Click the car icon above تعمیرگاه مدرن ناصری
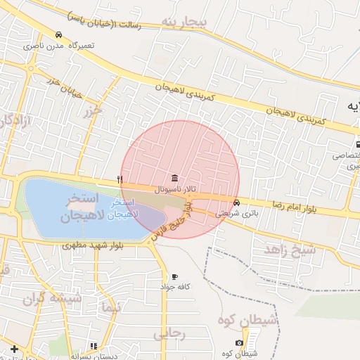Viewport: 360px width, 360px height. pyautogui.click(x=58, y=35)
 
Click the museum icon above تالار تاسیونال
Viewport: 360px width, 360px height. pyautogui.click(x=174, y=178)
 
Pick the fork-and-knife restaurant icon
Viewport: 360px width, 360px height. pyautogui.click(x=120, y=180)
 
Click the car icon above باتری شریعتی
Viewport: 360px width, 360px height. pyautogui.click(x=236, y=202)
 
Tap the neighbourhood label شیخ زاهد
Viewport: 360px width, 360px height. pyautogui.click(x=288, y=250)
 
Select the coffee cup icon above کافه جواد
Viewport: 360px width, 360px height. pyautogui.click(x=174, y=276)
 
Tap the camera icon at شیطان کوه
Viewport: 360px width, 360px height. pyautogui.click(x=240, y=342)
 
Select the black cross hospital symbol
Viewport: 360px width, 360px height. pyautogui.click(x=14, y=348)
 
